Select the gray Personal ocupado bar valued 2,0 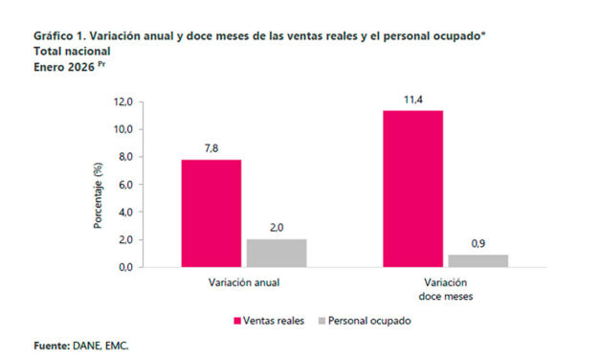point(277,253)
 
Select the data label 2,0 point(277,228)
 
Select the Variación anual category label point(244,284)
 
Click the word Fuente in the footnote point(52,345)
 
